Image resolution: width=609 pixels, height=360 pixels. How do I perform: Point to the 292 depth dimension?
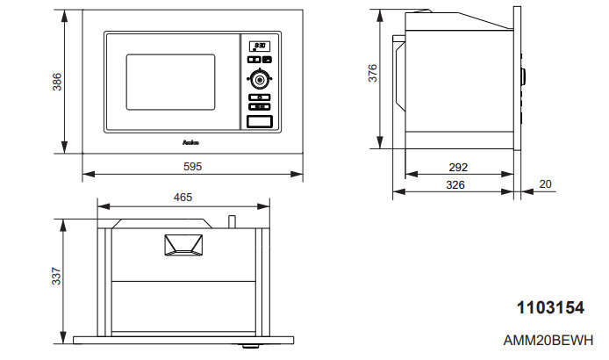tap(456, 167)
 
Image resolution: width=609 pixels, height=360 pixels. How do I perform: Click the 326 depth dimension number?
tap(456, 185)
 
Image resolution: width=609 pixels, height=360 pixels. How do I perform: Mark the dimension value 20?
tap(546, 184)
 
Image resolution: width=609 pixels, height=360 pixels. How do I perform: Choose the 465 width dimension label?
tap(183, 198)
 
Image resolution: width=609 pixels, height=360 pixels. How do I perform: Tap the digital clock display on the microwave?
tap(260, 47)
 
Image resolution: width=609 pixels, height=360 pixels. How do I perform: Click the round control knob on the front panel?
tap(259, 77)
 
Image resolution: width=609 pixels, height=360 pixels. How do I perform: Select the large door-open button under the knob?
tap(259, 122)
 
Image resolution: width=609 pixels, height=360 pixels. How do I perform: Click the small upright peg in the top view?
tap(233, 221)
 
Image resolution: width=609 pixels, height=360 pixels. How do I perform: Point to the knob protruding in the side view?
tap(523, 79)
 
